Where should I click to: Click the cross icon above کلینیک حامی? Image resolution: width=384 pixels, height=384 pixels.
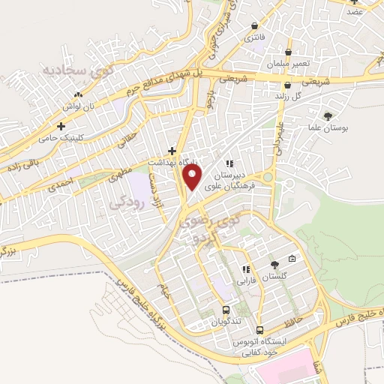pyautogui.click(x=61, y=126)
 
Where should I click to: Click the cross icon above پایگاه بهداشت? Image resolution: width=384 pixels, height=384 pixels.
pyautogui.click(x=172, y=150)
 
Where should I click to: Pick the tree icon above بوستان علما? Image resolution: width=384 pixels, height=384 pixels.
pyautogui.click(x=328, y=115)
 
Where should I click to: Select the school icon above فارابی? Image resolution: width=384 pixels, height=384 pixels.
pyautogui.click(x=245, y=269)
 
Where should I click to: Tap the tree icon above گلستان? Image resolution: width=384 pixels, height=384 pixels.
pyautogui.click(x=274, y=264)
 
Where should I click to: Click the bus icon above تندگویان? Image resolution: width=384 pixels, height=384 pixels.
pyautogui.click(x=226, y=309)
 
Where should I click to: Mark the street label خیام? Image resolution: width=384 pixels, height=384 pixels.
pyautogui.click(x=165, y=289)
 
